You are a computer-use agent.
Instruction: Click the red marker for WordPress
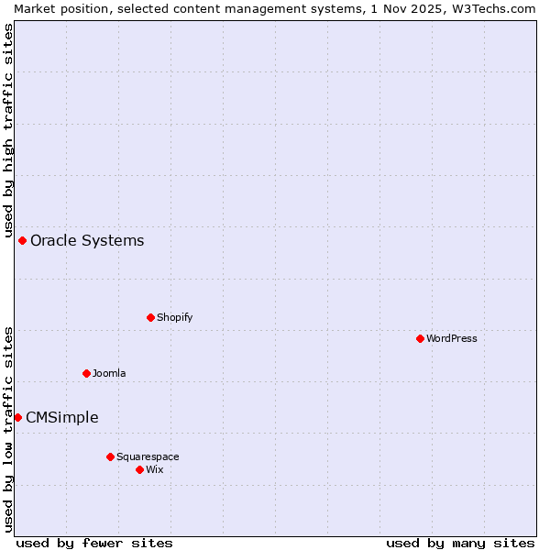420,338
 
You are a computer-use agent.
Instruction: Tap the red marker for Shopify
150,317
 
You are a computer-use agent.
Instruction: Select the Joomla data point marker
86,373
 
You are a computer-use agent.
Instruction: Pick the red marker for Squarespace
110,456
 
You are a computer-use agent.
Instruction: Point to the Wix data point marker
139,469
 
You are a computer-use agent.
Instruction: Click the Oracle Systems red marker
22,240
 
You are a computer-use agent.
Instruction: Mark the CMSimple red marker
17,417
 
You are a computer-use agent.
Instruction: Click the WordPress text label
452,338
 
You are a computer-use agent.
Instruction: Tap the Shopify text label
174,317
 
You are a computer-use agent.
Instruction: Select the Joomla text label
109,373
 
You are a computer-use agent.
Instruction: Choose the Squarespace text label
148,456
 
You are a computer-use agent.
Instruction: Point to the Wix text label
155,469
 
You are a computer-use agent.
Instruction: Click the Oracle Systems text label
87,241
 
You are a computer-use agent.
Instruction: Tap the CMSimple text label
61,418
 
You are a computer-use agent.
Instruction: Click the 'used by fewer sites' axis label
94,543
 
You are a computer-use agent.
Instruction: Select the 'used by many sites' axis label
460,543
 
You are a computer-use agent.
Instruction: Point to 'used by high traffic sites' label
8,129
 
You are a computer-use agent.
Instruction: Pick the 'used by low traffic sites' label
8,429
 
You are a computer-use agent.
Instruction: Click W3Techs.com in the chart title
492,8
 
